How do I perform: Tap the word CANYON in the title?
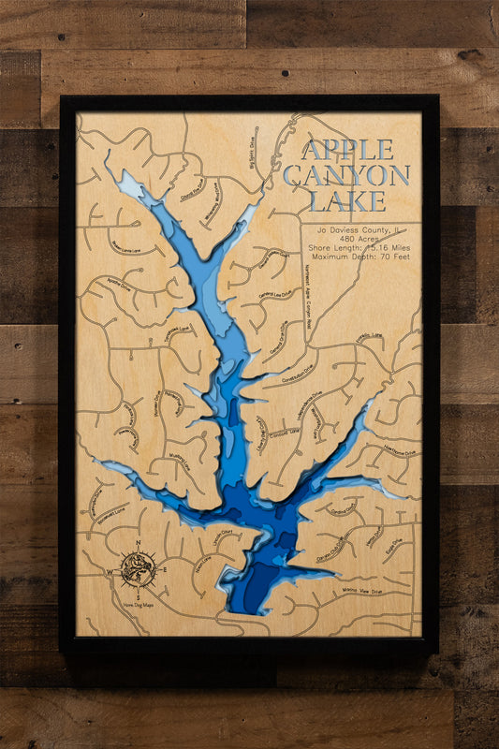(347, 175)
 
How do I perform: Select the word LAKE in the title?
(347, 200)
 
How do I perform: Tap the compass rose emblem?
(139, 568)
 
